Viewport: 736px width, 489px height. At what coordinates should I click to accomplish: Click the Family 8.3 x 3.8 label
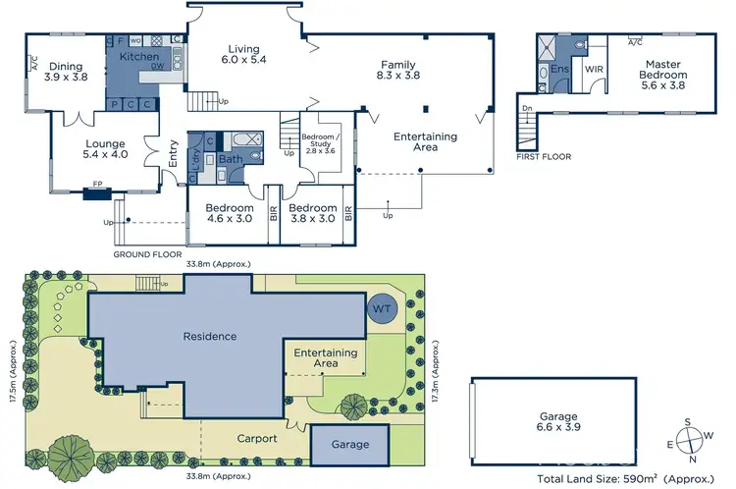point(397,72)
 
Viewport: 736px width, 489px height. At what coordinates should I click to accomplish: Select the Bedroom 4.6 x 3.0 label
point(229,213)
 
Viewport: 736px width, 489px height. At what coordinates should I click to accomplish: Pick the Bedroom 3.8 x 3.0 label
point(312,213)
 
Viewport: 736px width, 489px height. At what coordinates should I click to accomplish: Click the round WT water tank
point(382,309)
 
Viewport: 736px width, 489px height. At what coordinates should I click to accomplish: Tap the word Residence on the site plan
point(210,336)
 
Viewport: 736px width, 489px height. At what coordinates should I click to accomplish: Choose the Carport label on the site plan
point(256,439)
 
